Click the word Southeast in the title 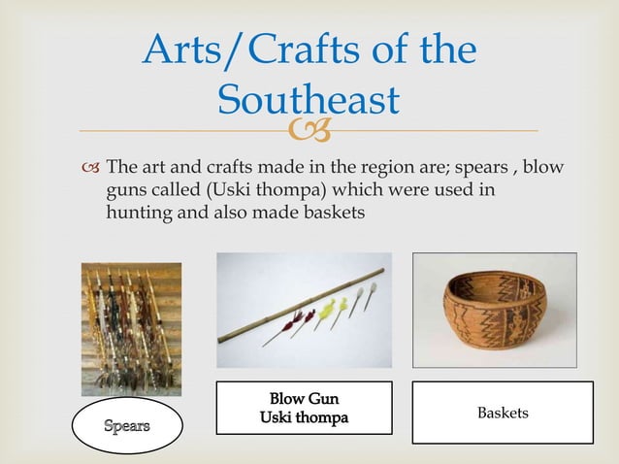309,100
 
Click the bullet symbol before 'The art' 91,171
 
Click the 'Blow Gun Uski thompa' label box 304,408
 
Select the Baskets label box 503,414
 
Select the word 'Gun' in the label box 322,398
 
